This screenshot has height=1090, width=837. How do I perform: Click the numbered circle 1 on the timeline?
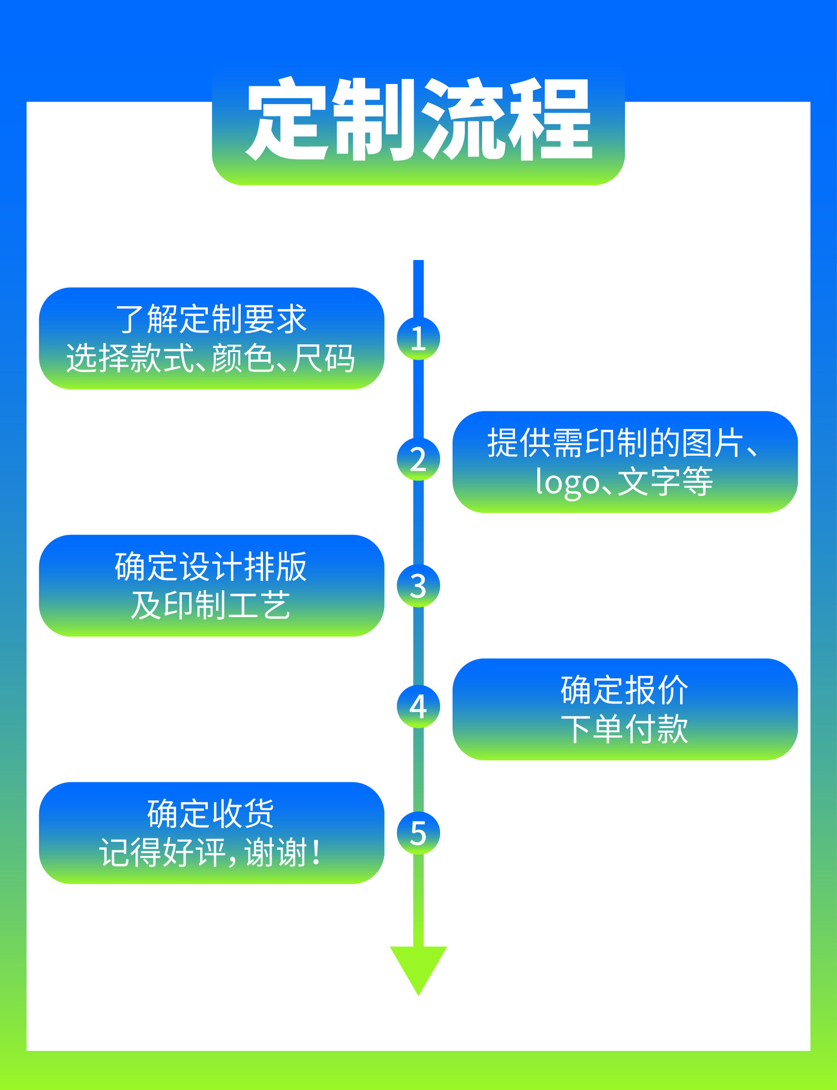pyautogui.click(x=418, y=338)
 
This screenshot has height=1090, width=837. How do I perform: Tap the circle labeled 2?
pyautogui.click(x=418, y=459)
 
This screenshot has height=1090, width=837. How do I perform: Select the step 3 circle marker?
pyautogui.click(x=418, y=586)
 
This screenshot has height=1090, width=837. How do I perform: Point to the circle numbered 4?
pyautogui.click(x=418, y=707)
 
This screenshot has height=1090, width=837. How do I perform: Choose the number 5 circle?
pyautogui.click(x=418, y=833)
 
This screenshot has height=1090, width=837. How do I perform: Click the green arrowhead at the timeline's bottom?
pyautogui.click(x=418, y=968)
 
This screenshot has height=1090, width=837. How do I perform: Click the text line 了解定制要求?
pyautogui.click(x=211, y=319)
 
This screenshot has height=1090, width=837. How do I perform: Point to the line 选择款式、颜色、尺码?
pyautogui.click(x=211, y=359)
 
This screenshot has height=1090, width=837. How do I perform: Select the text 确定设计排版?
pyautogui.click(x=211, y=567)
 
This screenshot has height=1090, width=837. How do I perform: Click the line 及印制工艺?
pyautogui.click(x=211, y=606)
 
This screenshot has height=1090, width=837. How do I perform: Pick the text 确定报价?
pyautogui.click(x=625, y=690)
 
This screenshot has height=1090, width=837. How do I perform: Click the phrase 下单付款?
pyautogui.click(x=625, y=730)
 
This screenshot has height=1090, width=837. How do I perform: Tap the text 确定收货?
pyautogui.click(x=211, y=814)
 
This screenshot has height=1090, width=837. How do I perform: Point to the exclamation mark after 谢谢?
pyautogui.click(x=316, y=853)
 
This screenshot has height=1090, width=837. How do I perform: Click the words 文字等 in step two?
pyautogui.click(x=665, y=482)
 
